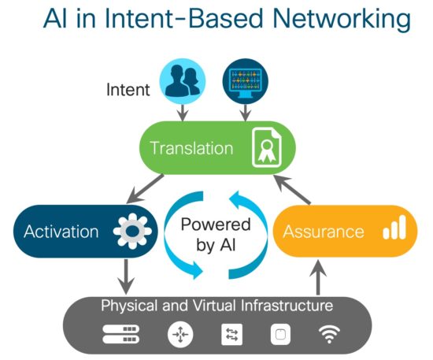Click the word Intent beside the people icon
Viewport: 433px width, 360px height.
[128, 90]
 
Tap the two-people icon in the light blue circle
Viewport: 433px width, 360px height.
[183, 80]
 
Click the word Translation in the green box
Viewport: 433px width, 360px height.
[191, 148]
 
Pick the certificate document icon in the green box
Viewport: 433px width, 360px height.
[267, 147]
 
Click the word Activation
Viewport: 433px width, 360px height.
[61, 232]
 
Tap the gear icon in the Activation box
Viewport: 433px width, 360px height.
[132, 230]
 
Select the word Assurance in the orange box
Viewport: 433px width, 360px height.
[324, 232]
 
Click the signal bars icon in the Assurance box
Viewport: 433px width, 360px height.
[394, 228]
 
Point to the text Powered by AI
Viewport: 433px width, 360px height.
[216, 234]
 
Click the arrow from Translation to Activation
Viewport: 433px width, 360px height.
[145, 189]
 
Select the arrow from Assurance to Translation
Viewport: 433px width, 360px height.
[292, 190]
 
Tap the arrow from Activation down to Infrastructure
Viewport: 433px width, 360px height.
[126, 276]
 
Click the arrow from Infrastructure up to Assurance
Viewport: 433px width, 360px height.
[318, 277]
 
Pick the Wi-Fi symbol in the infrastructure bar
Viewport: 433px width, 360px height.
[329, 334]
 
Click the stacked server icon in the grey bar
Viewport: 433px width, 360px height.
[121, 334]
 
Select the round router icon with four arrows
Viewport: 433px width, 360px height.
[180, 334]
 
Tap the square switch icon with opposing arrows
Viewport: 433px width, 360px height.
[232, 335]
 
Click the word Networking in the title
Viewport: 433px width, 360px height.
[342, 19]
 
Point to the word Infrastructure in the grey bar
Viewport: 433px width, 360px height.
[287, 306]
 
